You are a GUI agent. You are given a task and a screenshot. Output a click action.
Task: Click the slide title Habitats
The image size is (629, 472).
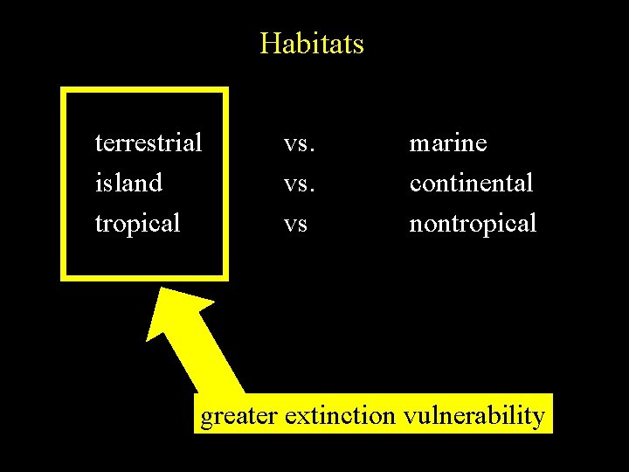312,43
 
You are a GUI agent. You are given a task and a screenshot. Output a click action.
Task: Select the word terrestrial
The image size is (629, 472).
148,142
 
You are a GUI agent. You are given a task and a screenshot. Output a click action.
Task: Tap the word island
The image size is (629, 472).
128,183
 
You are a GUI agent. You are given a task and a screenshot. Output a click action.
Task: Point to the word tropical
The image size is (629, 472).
137,224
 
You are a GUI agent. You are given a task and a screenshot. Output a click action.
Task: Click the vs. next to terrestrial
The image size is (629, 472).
300,142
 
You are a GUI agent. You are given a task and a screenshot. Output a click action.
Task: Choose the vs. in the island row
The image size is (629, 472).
300,183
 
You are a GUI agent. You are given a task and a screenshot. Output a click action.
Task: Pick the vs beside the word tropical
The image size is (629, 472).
296,224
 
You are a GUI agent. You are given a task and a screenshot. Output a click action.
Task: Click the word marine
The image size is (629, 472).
448,142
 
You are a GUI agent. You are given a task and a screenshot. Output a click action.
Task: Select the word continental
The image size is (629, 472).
471,183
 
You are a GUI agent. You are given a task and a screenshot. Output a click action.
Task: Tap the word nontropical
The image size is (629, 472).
473,224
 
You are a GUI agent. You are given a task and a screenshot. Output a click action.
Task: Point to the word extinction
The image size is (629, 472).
340,415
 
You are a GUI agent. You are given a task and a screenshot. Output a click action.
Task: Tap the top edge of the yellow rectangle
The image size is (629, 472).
144,90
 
